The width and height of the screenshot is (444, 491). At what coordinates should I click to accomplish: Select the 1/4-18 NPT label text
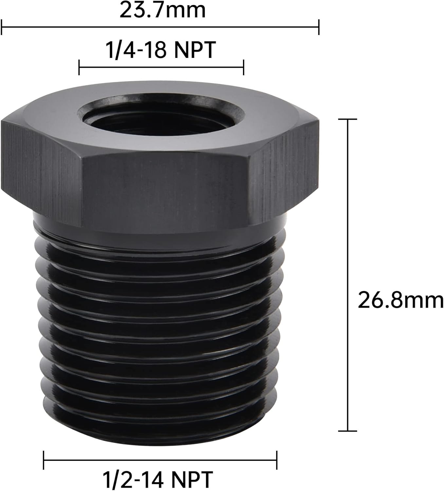tap(160, 50)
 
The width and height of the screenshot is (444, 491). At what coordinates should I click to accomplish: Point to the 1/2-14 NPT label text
tap(158, 479)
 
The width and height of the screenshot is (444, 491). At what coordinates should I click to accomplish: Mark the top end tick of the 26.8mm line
tap(347, 119)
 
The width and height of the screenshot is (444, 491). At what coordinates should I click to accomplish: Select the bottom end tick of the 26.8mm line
tap(347, 431)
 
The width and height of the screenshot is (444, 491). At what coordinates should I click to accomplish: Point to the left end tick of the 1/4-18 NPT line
tap(79, 67)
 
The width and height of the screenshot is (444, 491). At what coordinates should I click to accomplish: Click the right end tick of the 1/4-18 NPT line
tap(243, 67)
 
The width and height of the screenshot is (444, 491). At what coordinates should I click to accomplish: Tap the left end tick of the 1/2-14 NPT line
tap(44, 460)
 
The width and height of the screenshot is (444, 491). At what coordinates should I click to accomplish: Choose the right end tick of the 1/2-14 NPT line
tap(277, 460)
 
